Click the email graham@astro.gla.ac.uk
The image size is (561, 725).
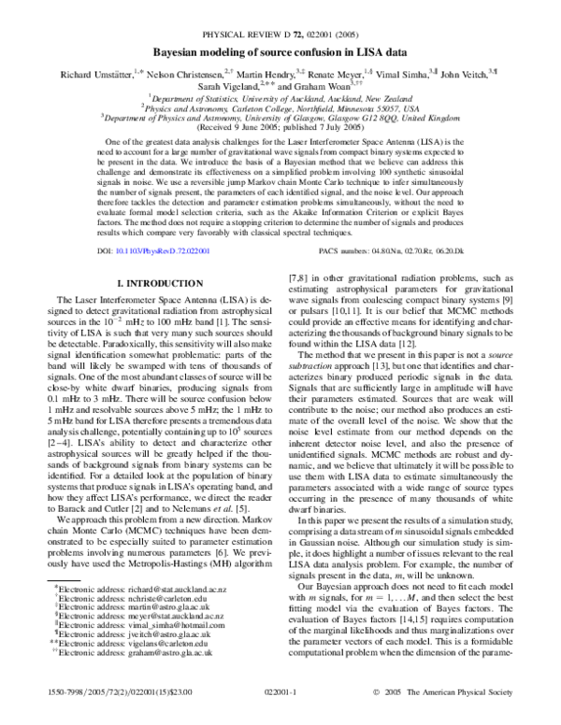click(x=165, y=661)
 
